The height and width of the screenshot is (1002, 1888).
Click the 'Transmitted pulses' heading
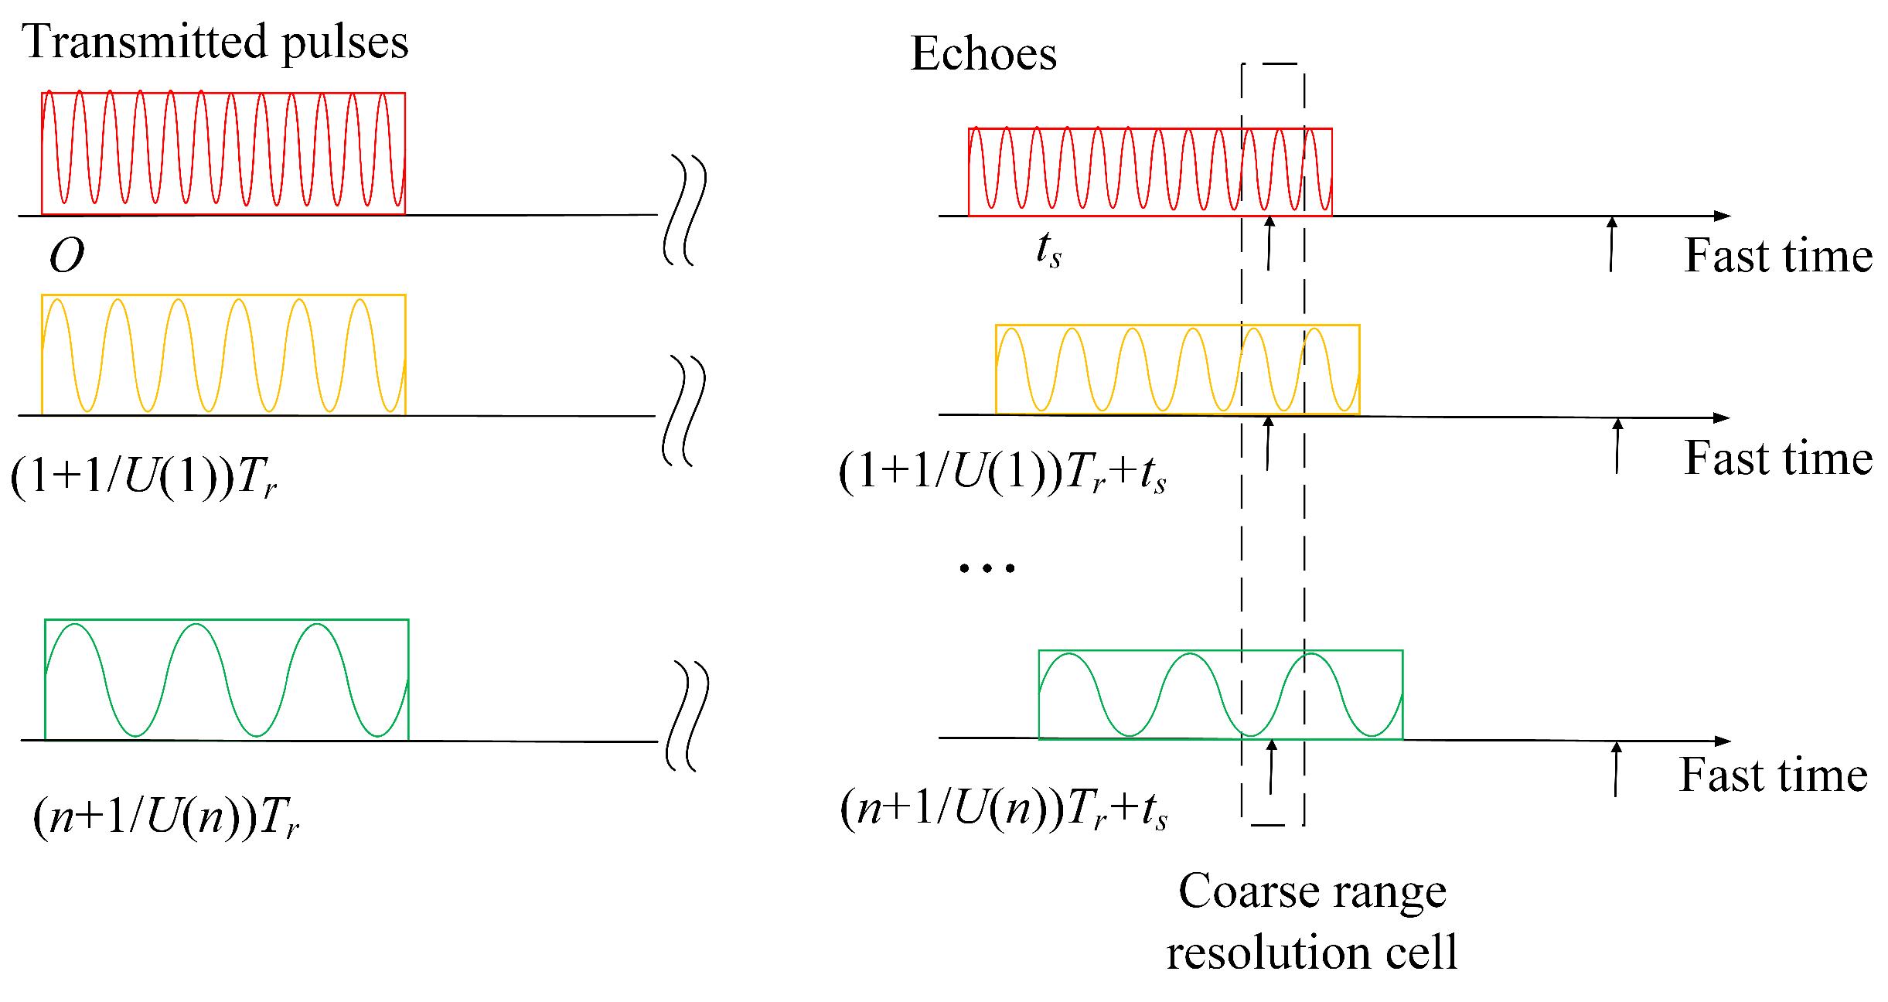point(215,43)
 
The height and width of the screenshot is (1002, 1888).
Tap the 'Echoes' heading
point(983,54)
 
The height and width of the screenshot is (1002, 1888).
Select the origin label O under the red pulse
point(66,255)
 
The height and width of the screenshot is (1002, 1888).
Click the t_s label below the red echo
point(1048,250)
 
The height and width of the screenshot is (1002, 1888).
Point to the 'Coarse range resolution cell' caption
point(1312,921)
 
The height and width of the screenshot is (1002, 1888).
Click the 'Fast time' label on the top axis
point(1778,256)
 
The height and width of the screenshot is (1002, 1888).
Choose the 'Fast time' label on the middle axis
point(1778,458)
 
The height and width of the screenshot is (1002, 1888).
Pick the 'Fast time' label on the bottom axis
point(1774,775)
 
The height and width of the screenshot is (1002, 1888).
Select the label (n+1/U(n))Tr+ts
point(1004,809)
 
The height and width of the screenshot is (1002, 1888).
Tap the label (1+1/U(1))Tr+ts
point(1003,472)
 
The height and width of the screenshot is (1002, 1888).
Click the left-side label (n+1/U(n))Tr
point(165,816)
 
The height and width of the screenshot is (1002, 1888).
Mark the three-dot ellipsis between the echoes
point(987,568)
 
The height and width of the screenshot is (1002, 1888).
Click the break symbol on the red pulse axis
point(685,210)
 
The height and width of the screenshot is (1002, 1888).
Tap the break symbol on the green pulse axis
point(687,716)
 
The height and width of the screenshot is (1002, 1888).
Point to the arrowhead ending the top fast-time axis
point(1722,216)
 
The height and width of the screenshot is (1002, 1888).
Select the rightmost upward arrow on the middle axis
point(1617,445)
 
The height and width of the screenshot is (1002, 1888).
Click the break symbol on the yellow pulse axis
point(684,411)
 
